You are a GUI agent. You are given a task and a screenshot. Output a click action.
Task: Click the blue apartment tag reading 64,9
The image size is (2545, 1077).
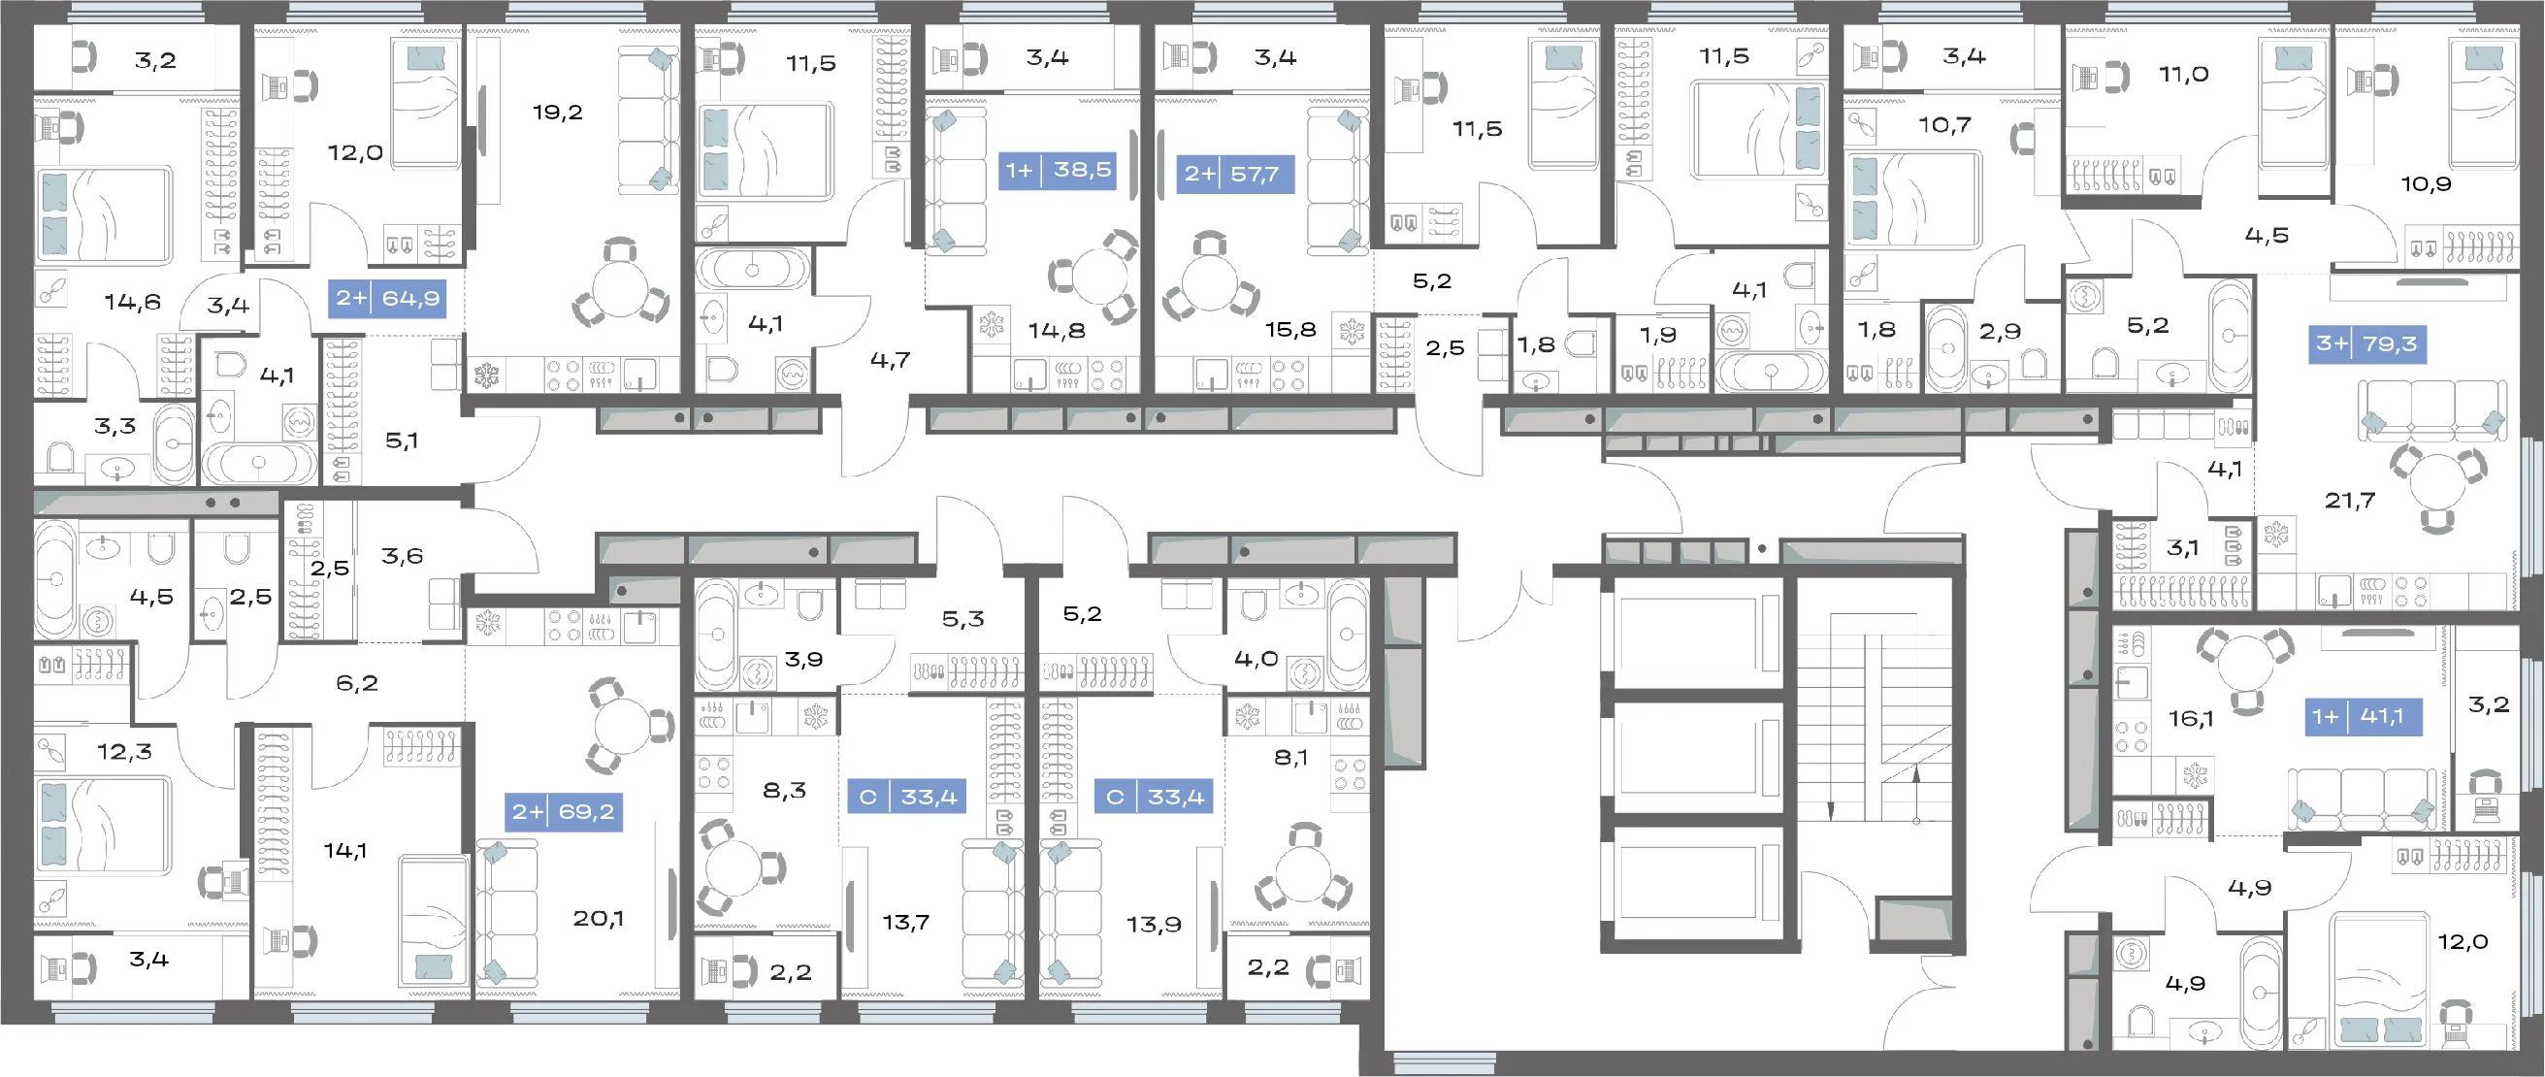(x=387, y=298)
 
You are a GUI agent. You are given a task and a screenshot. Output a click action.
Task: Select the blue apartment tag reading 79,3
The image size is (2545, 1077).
(x=2367, y=343)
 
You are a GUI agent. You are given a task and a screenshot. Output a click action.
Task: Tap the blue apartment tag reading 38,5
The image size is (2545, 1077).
(x=1059, y=170)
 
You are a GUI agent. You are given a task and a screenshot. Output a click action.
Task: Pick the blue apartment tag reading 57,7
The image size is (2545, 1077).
(x=1235, y=175)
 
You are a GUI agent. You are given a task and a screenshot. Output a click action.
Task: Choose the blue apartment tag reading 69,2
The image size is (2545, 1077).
(x=563, y=812)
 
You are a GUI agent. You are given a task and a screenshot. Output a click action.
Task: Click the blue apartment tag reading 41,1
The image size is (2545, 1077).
(x=2365, y=715)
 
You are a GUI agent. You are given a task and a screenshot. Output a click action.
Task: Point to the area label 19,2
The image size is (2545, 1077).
(x=557, y=113)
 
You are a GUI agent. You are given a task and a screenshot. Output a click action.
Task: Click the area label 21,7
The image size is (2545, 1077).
(x=2349, y=501)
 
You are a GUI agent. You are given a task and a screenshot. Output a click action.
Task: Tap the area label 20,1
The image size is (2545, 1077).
(x=598, y=919)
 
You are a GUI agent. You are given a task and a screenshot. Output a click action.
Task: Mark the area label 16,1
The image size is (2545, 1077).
(x=2190, y=718)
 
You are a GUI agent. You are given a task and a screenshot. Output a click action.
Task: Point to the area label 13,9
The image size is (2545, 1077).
(x=1154, y=925)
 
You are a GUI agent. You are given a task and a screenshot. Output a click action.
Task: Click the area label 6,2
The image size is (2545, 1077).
(x=357, y=683)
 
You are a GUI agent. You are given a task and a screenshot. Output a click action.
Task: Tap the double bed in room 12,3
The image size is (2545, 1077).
(x=103, y=825)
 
